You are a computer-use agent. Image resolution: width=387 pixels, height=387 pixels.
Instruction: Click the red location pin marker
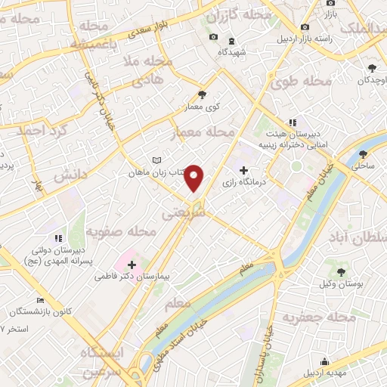pos(195,178)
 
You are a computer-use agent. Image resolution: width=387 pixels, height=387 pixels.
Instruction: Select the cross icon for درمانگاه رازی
pos(243,171)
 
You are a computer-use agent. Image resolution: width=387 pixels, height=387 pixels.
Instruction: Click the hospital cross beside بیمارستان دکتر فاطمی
pos(132,265)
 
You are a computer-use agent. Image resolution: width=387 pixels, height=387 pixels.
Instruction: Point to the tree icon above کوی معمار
pos(202,94)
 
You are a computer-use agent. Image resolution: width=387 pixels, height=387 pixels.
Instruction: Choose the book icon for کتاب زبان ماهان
pos(156,160)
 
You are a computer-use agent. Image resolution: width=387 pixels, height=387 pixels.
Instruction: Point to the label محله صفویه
pos(121,231)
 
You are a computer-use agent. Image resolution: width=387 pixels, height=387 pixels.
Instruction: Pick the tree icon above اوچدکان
pos(373,68)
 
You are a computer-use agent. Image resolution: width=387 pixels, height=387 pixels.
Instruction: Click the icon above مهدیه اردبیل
pos(324,361)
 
